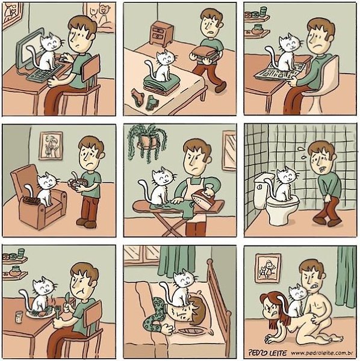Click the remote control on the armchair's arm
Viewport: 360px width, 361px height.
click(x=30, y=201)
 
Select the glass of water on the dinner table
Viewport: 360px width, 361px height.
click(x=19, y=317)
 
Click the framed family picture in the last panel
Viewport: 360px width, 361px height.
click(x=268, y=268)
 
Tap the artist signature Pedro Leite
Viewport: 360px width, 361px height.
click(x=267, y=353)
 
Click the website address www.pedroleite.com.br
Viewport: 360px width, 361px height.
click(x=322, y=353)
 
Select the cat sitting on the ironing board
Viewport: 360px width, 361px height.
click(x=158, y=187)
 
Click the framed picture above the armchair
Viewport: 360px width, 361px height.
click(x=51, y=146)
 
